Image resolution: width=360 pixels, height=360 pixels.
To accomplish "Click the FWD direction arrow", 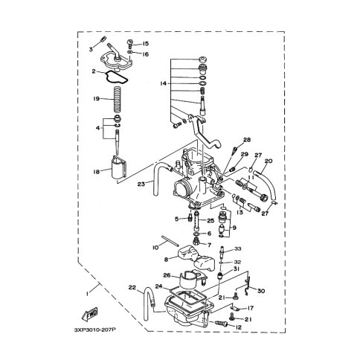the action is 89,315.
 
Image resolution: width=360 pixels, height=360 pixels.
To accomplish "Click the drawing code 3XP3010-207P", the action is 95,330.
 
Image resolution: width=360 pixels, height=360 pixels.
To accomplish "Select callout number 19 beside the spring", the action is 97,99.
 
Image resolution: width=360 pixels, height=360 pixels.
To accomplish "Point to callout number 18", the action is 97,172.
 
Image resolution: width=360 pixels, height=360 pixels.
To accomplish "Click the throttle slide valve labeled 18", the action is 119,168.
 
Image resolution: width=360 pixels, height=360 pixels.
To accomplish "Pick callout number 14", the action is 163,84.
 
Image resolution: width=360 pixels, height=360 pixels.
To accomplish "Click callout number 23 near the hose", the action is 141,184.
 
